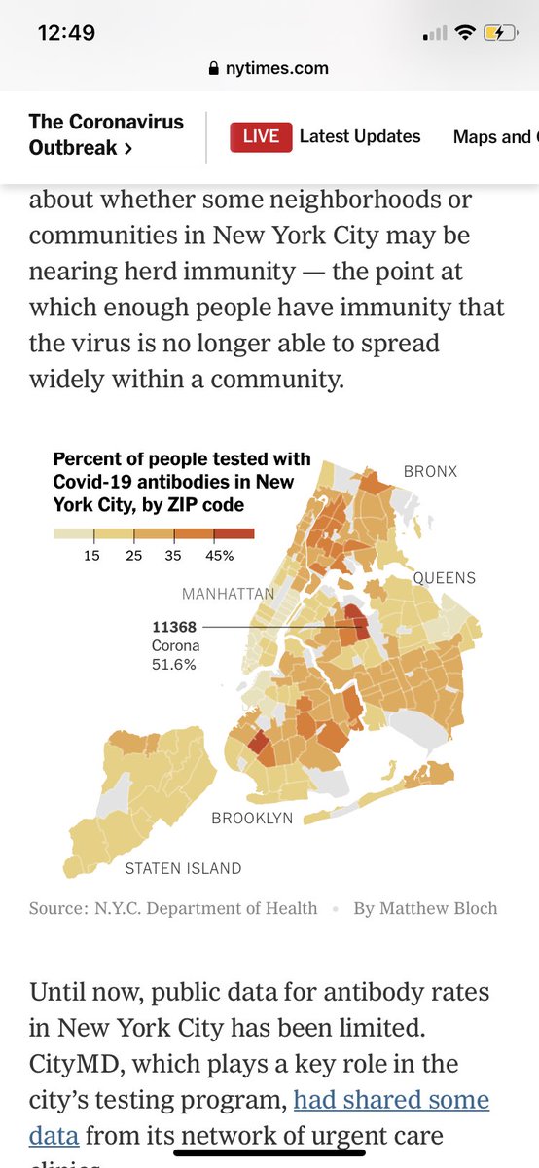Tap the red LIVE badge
[x=260, y=137]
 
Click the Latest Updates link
[x=360, y=137]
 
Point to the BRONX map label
[x=430, y=472]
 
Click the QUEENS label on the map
[x=445, y=578]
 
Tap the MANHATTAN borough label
[x=228, y=594]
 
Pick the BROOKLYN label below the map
[x=252, y=819]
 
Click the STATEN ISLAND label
[x=183, y=868]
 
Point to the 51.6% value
[x=173, y=665]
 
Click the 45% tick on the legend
[x=219, y=556]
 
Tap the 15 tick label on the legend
[x=93, y=556]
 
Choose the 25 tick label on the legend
[x=133, y=556]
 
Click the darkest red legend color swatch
[x=234, y=533]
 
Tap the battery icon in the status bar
[x=501, y=33]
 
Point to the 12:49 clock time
[x=66, y=33]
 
